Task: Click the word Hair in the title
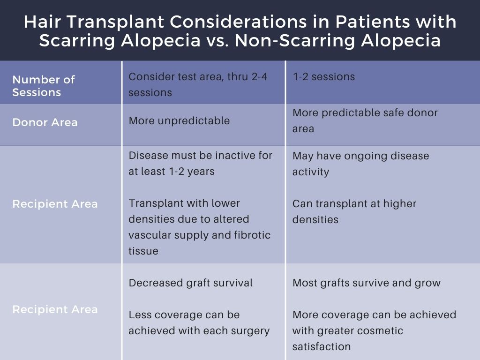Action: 43,22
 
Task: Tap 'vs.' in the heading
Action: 217,41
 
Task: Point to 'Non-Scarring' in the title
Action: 294,41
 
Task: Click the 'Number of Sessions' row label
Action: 44,86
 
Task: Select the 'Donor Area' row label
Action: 45,122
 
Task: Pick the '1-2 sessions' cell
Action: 323,76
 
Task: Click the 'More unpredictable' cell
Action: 179,120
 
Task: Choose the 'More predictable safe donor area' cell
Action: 365,120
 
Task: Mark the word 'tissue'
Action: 143,251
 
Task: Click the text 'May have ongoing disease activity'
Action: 360,164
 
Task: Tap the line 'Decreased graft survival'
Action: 190,283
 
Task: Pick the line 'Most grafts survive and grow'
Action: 367,283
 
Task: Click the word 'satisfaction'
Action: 322,346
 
